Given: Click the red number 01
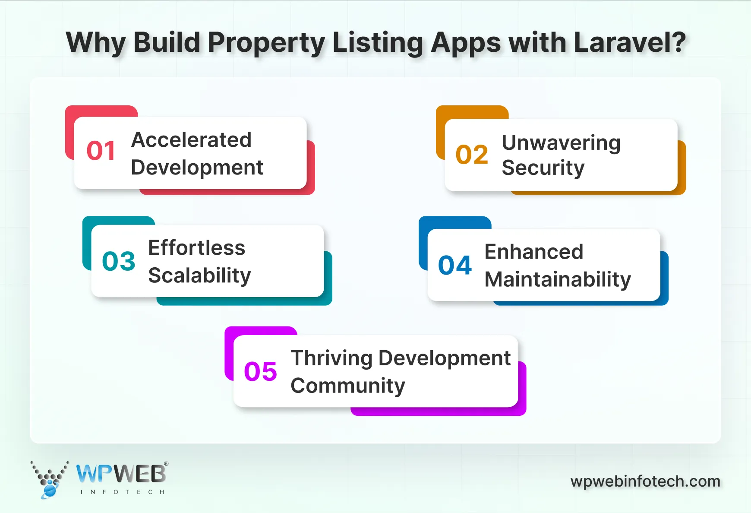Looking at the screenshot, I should (x=101, y=151).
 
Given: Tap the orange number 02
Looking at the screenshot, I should (x=472, y=155).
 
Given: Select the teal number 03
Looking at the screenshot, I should (x=119, y=261).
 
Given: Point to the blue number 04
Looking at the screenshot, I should (x=455, y=265).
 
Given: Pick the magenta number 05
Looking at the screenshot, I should (x=260, y=371).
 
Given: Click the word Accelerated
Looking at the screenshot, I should (x=191, y=140).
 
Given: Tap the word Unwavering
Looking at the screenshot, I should (x=561, y=143).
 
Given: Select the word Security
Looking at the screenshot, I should (x=543, y=168).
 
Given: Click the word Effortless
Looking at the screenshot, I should (x=196, y=248).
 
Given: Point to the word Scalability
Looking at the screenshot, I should (x=199, y=275).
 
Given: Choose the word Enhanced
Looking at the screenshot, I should (x=534, y=252).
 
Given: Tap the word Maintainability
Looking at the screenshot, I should (x=558, y=279).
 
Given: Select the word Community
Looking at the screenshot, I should (x=348, y=386).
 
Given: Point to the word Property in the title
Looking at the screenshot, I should (x=266, y=43).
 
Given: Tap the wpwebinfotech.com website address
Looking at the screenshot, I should (x=645, y=481).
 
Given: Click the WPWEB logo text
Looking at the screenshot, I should (x=121, y=474).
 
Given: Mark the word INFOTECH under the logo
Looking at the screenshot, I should (x=123, y=492).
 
